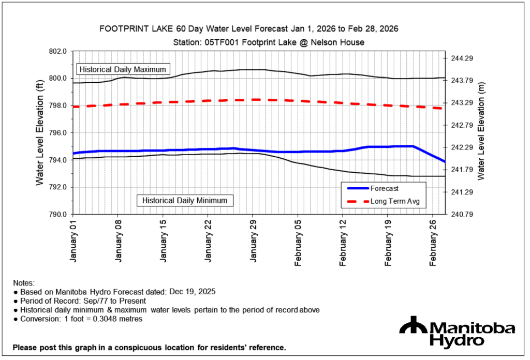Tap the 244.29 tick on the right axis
click(x=462, y=58)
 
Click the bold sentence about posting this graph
click(x=149, y=347)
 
